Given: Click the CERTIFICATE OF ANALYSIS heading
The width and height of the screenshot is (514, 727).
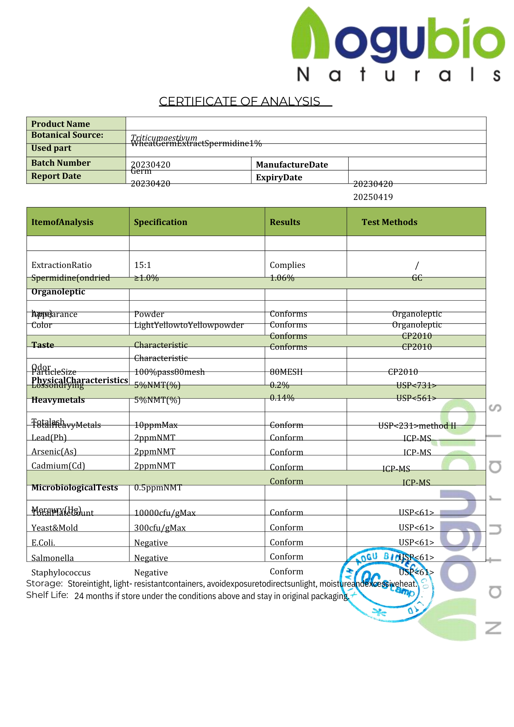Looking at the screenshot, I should point(240,101).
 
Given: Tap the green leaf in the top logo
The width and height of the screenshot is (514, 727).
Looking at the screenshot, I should point(309,35).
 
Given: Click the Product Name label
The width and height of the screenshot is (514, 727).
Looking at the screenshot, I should point(60,124).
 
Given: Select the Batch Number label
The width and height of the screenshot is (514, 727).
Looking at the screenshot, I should point(61,163).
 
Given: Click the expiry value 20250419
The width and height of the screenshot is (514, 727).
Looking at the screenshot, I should point(373,197).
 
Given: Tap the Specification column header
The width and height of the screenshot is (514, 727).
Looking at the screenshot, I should point(160,222).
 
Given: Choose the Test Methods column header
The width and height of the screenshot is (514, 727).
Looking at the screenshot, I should point(389,222).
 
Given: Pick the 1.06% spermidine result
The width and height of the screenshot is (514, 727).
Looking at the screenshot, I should point(282,278).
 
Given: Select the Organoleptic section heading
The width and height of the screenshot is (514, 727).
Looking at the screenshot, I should point(58,292).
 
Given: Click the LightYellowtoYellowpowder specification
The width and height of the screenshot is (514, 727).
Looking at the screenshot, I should point(189,325).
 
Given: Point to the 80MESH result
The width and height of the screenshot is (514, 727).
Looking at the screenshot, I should point(286,372).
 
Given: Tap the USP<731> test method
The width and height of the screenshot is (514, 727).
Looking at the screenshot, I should point(416,385).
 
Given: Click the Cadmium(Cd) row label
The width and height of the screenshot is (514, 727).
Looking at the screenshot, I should point(58,466).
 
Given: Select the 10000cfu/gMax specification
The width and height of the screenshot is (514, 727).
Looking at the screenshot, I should point(165,513).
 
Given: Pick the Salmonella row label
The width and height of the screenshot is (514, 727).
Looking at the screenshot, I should point(52,558).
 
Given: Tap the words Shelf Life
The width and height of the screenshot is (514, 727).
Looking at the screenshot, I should point(47,595).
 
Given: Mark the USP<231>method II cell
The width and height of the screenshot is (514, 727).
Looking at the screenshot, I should point(417,425).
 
